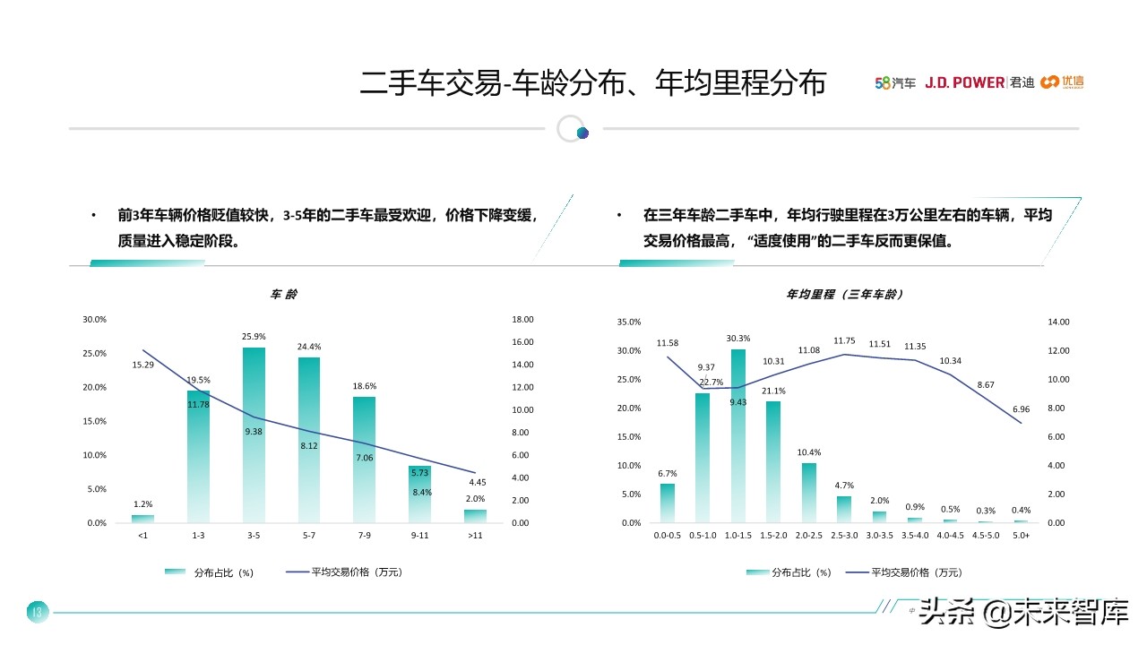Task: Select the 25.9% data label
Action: (254, 337)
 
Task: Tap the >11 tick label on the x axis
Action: (476, 535)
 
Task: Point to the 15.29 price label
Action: (143, 365)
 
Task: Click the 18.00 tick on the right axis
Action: (522, 320)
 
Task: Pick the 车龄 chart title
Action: (284, 294)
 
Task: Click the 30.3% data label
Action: (738, 339)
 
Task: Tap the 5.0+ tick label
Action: (1021, 535)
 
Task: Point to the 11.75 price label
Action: (845, 341)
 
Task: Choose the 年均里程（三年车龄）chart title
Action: (845, 294)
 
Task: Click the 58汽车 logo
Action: (895, 83)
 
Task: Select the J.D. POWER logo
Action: (964, 82)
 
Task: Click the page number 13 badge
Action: (37, 613)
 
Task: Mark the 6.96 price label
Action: (1021, 409)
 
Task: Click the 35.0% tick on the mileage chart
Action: (629, 322)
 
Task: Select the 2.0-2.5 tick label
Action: (809, 535)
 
